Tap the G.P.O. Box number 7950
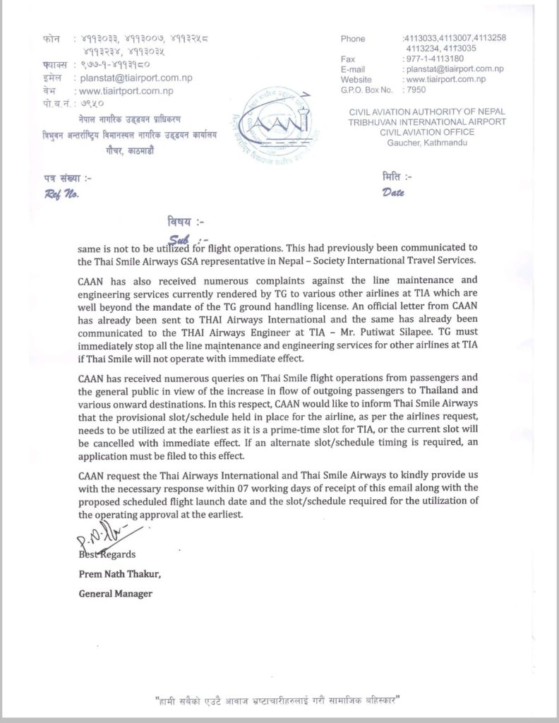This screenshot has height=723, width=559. pyautogui.click(x=414, y=91)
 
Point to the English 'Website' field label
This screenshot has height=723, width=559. pyautogui.click(x=357, y=80)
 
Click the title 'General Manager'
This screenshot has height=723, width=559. pyautogui.click(x=114, y=594)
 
